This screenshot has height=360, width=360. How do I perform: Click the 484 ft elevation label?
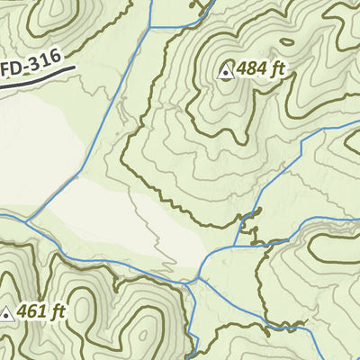point(258,71)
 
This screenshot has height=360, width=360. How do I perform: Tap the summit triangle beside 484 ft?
point(225,72)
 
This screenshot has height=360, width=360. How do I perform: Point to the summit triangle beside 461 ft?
point(7,313)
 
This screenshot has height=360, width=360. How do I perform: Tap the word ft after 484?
point(281,71)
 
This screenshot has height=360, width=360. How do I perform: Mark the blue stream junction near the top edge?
point(150,27)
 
